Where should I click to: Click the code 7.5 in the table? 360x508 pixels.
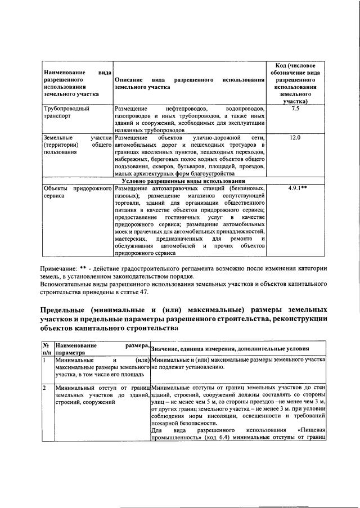tap(295, 107)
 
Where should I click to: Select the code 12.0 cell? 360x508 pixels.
tap(295, 137)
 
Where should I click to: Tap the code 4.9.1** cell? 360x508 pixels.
tap(295, 188)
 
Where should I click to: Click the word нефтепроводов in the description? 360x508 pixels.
tap(187, 107)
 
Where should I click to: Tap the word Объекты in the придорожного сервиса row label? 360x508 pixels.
tap(56, 188)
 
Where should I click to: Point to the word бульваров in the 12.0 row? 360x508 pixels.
tap(200, 167)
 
